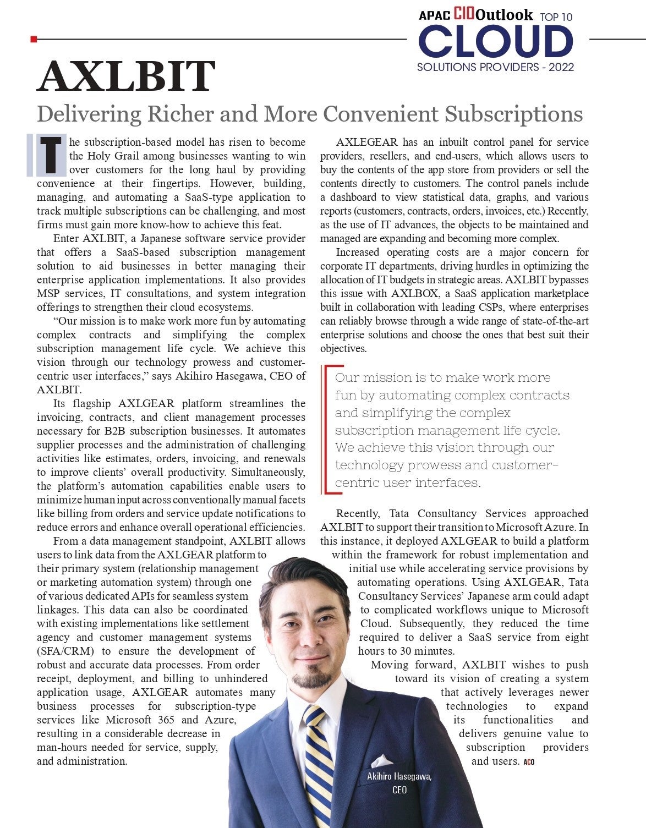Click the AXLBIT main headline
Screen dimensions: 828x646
[x=125, y=77]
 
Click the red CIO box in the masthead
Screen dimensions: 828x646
[x=464, y=14]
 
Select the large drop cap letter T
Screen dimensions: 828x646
[x=51, y=155]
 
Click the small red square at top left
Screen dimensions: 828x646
[x=34, y=39]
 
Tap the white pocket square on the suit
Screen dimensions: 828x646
[x=382, y=761]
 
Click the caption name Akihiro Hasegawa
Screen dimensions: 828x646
[x=399, y=776]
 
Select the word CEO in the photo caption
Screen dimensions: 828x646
[x=399, y=789]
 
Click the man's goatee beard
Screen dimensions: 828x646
[x=311, y=680]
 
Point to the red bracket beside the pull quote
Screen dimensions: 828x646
[x=328, y=429]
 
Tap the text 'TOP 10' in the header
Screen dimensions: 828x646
[x=556, y=17]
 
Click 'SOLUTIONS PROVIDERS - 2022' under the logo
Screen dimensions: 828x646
[x=495, y=67]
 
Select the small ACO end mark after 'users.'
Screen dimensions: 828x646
[x=529, y=762]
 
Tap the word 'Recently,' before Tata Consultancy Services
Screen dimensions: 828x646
[x=358, y=514]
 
